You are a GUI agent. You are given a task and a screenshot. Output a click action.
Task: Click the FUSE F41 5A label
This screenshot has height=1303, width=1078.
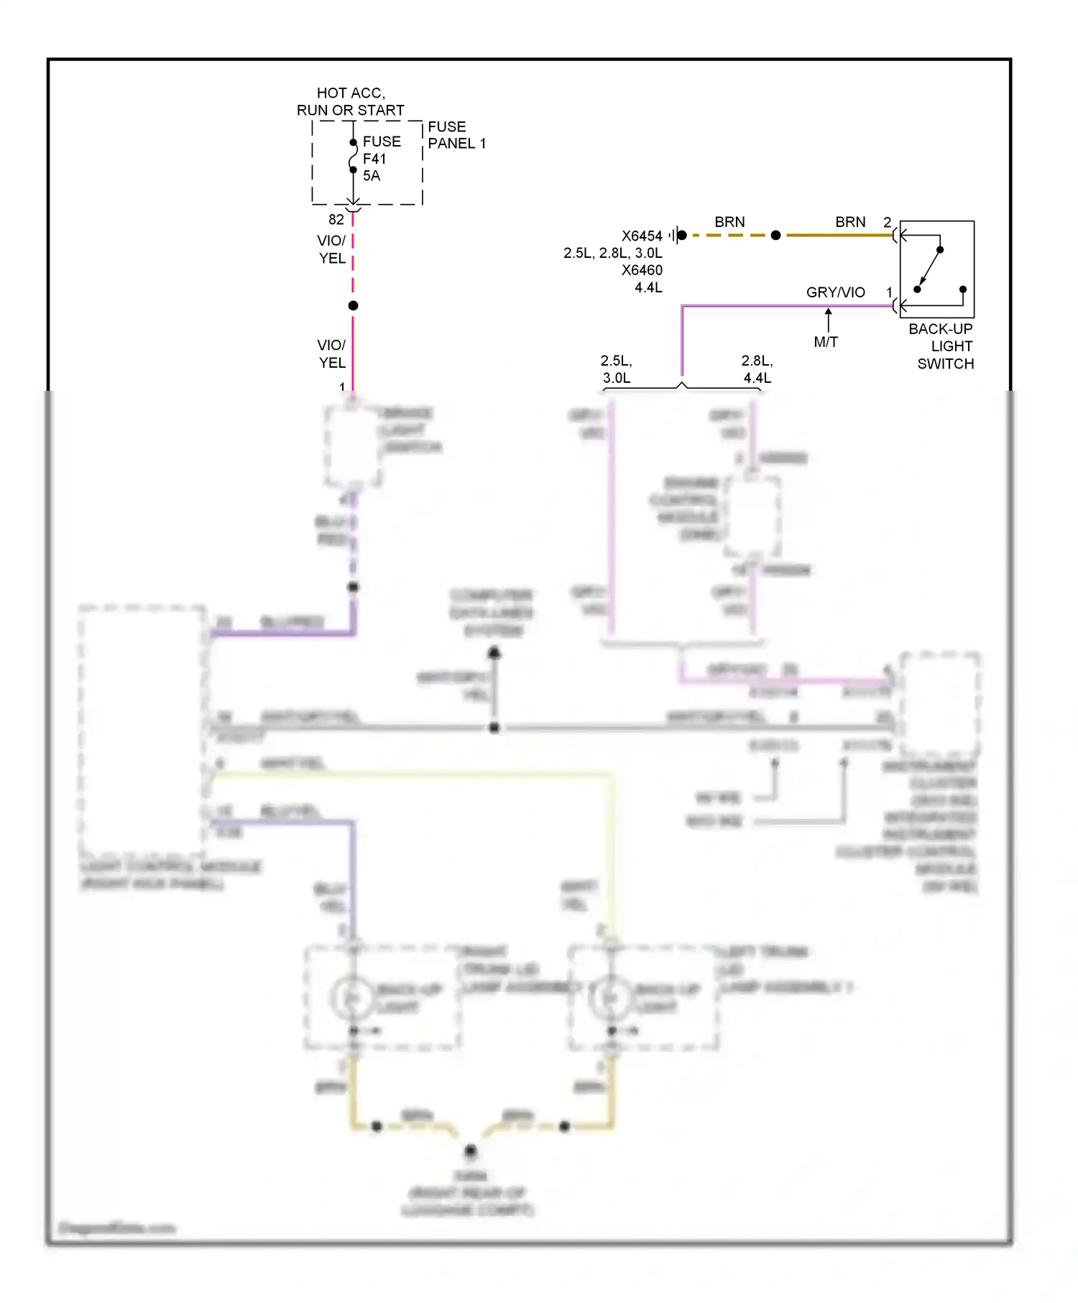(x=380, y=159)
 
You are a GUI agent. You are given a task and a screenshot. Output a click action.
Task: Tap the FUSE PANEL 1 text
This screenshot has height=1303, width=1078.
(x=456, y=135)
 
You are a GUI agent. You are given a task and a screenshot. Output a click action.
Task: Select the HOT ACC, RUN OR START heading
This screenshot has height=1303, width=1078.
(x=351, y=102)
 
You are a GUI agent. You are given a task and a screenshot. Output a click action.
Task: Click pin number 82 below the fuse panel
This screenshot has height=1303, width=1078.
(x=336, y=220)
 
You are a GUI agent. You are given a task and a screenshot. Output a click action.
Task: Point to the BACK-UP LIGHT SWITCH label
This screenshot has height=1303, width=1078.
(x=942, y=346)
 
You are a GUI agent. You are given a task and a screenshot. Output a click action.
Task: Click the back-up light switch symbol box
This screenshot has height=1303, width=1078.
(x=937, y=269)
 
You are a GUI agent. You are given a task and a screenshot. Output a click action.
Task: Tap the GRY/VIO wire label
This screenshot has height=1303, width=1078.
(x=835, y=292)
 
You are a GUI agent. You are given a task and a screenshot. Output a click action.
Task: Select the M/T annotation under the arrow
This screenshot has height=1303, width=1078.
(x=826, y=343)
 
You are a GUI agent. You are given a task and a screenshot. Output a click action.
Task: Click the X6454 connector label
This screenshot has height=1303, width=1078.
(x=642, y=236)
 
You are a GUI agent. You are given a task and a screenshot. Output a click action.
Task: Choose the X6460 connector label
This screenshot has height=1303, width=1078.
(x=642, y=271)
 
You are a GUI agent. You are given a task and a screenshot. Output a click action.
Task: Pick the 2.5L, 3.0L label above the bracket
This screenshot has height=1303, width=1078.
(x=616, y=369)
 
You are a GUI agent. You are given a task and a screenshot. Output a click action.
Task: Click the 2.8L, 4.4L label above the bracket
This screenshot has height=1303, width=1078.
(x=757, y=369)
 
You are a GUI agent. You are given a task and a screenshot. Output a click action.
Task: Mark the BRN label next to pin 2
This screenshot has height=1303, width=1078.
(x=850, y=223)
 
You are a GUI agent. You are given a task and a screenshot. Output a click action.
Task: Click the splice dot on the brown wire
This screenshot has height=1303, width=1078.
(x=775, y=235)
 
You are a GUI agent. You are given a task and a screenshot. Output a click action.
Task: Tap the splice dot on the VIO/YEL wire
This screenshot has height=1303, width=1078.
(x=353, y=306)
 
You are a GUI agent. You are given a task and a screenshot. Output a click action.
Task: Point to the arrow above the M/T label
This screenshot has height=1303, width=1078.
(x=828, y=320)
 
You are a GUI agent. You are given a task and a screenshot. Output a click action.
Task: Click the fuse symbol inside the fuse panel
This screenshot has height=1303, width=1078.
(x=353, y=157)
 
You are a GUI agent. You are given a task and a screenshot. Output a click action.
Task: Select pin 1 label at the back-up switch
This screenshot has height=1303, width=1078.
(x=889, y=292)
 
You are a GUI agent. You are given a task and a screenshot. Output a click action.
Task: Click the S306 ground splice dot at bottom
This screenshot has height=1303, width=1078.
(x=470, y=1151)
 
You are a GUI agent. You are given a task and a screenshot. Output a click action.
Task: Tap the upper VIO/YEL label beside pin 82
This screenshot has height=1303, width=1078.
(x=332, y=249)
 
